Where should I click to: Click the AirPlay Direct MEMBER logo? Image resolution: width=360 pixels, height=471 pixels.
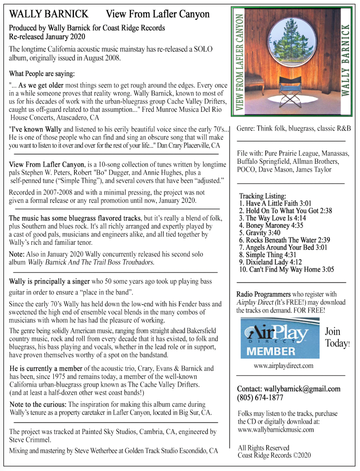(x=280, y=338)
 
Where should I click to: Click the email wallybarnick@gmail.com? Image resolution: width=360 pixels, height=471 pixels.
(x=289, y=389)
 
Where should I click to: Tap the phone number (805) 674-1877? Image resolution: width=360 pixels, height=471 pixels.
(x=260, y=398)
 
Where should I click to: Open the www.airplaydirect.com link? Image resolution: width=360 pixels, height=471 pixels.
(x=283, y=366)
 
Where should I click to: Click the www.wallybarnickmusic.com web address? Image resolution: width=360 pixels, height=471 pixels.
(x=276, y=430)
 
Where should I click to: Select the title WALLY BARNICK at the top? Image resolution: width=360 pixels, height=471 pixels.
(x=48, y=14)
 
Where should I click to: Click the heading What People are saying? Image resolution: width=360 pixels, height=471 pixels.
(x=42, y=73)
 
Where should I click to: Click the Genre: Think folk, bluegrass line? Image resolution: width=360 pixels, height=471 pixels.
(x=293, y=128)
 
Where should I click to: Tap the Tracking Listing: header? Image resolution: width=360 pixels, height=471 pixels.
(x=263, y=196)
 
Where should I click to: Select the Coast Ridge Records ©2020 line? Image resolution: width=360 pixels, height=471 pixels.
(x=274, y=455)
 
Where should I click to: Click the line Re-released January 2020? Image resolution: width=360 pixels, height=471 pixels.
(x=47, y=37)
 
